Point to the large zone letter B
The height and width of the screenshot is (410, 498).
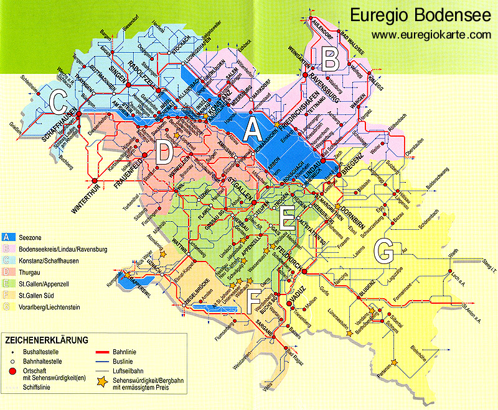329,59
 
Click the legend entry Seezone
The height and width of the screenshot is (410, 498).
29,238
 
